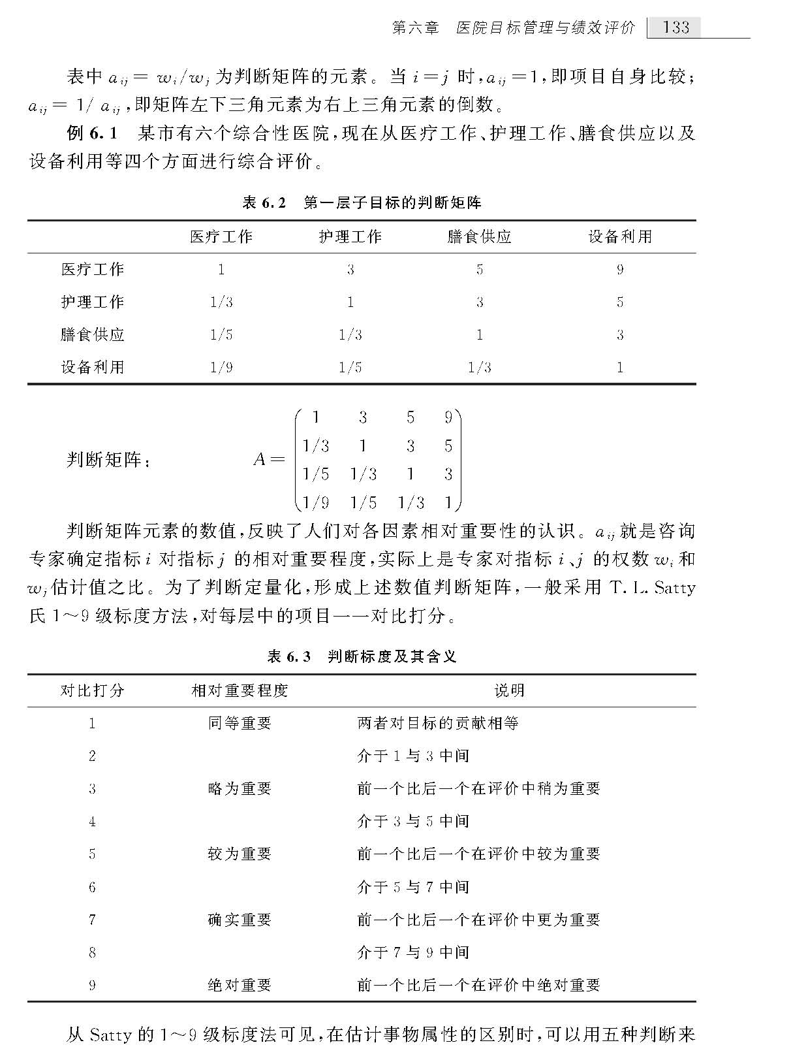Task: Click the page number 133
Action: (x=675, y=27)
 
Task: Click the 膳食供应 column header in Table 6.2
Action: (x=479, y=236)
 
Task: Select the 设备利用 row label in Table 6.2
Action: (x=93, y=367)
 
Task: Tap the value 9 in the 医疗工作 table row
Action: (x=619, y=269)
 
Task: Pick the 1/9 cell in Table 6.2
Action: (x=221, y=367)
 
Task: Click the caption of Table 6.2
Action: (x=362, y=203)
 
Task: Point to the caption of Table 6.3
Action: (x=362, y=656)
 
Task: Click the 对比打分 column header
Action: (x=93, y=691)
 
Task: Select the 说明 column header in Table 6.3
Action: (x=508, y=691)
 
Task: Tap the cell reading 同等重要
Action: (x=240, y=724)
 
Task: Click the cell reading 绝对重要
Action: (x=240, y=985)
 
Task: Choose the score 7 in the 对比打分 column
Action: (x=92, y=920)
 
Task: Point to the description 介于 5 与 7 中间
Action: (x=413, y=887)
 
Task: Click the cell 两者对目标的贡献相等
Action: (x=438, y=724)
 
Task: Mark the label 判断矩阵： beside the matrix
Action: (x=108, y=460)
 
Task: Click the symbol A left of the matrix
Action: (x=259, y=460)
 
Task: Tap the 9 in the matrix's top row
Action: (x=448, y=417)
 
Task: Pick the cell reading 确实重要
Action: (x=240, y=920)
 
